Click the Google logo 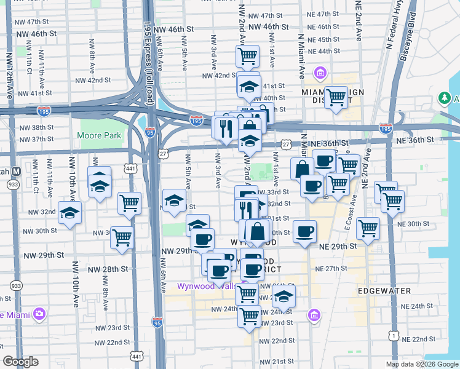click(x=21, y=362)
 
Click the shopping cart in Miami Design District click(x=336, y=97)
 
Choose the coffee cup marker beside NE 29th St click(x=304, y=231)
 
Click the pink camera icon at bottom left click(x=40, y=314)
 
